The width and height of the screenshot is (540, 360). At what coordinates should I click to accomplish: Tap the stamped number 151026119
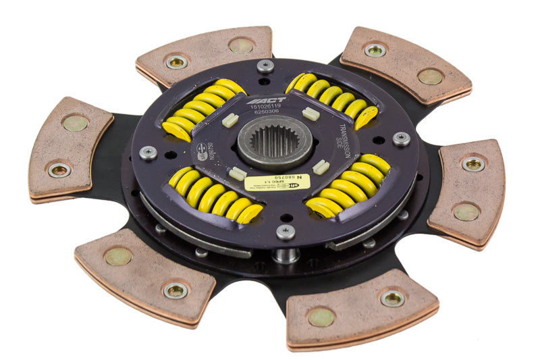coord(267,107)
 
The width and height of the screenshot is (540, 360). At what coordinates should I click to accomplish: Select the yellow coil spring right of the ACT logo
coord(333,99)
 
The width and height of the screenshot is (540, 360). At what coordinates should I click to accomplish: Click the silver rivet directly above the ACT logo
coord(266,66)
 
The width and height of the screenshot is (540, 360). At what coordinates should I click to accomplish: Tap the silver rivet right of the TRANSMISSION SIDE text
coord(402,138)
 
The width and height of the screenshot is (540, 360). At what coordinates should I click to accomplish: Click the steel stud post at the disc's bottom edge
coord(286,255)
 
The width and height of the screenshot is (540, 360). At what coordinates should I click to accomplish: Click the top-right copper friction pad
coord(406,65)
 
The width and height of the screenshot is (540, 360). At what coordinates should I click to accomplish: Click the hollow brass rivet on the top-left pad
coord(177,61)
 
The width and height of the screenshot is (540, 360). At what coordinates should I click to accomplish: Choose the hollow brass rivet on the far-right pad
coord(473,163)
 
